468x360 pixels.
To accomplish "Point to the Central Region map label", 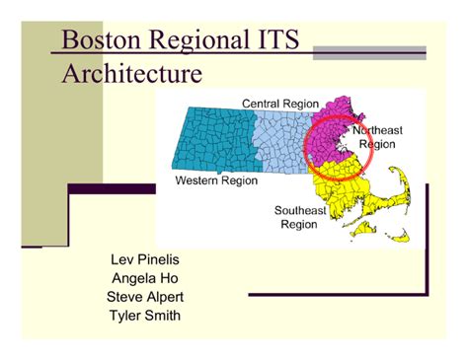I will tap(281, 103).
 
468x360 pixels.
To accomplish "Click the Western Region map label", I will tap(215, 181).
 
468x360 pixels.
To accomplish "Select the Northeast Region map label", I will tap(378, 137).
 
